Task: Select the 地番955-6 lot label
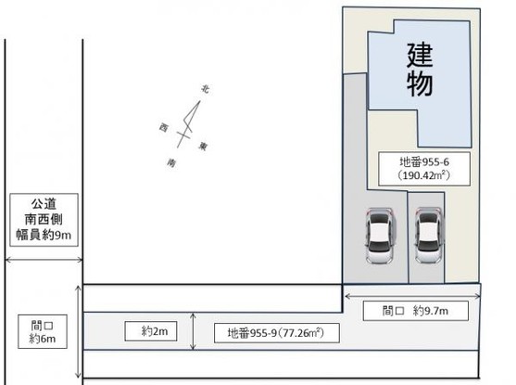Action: coord(424,160)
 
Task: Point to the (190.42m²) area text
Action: coord(424,173)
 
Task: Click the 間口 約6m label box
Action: coord(41,331)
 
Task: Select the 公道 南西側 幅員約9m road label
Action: coord(42,218)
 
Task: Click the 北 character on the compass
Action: coord(205,90)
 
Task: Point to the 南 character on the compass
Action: coord(172,161)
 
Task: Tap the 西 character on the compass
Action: coord(163,126)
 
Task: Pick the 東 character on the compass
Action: coord(203,145)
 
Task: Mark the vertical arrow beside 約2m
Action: coord(192,331)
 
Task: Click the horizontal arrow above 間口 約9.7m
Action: coord(411,294)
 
